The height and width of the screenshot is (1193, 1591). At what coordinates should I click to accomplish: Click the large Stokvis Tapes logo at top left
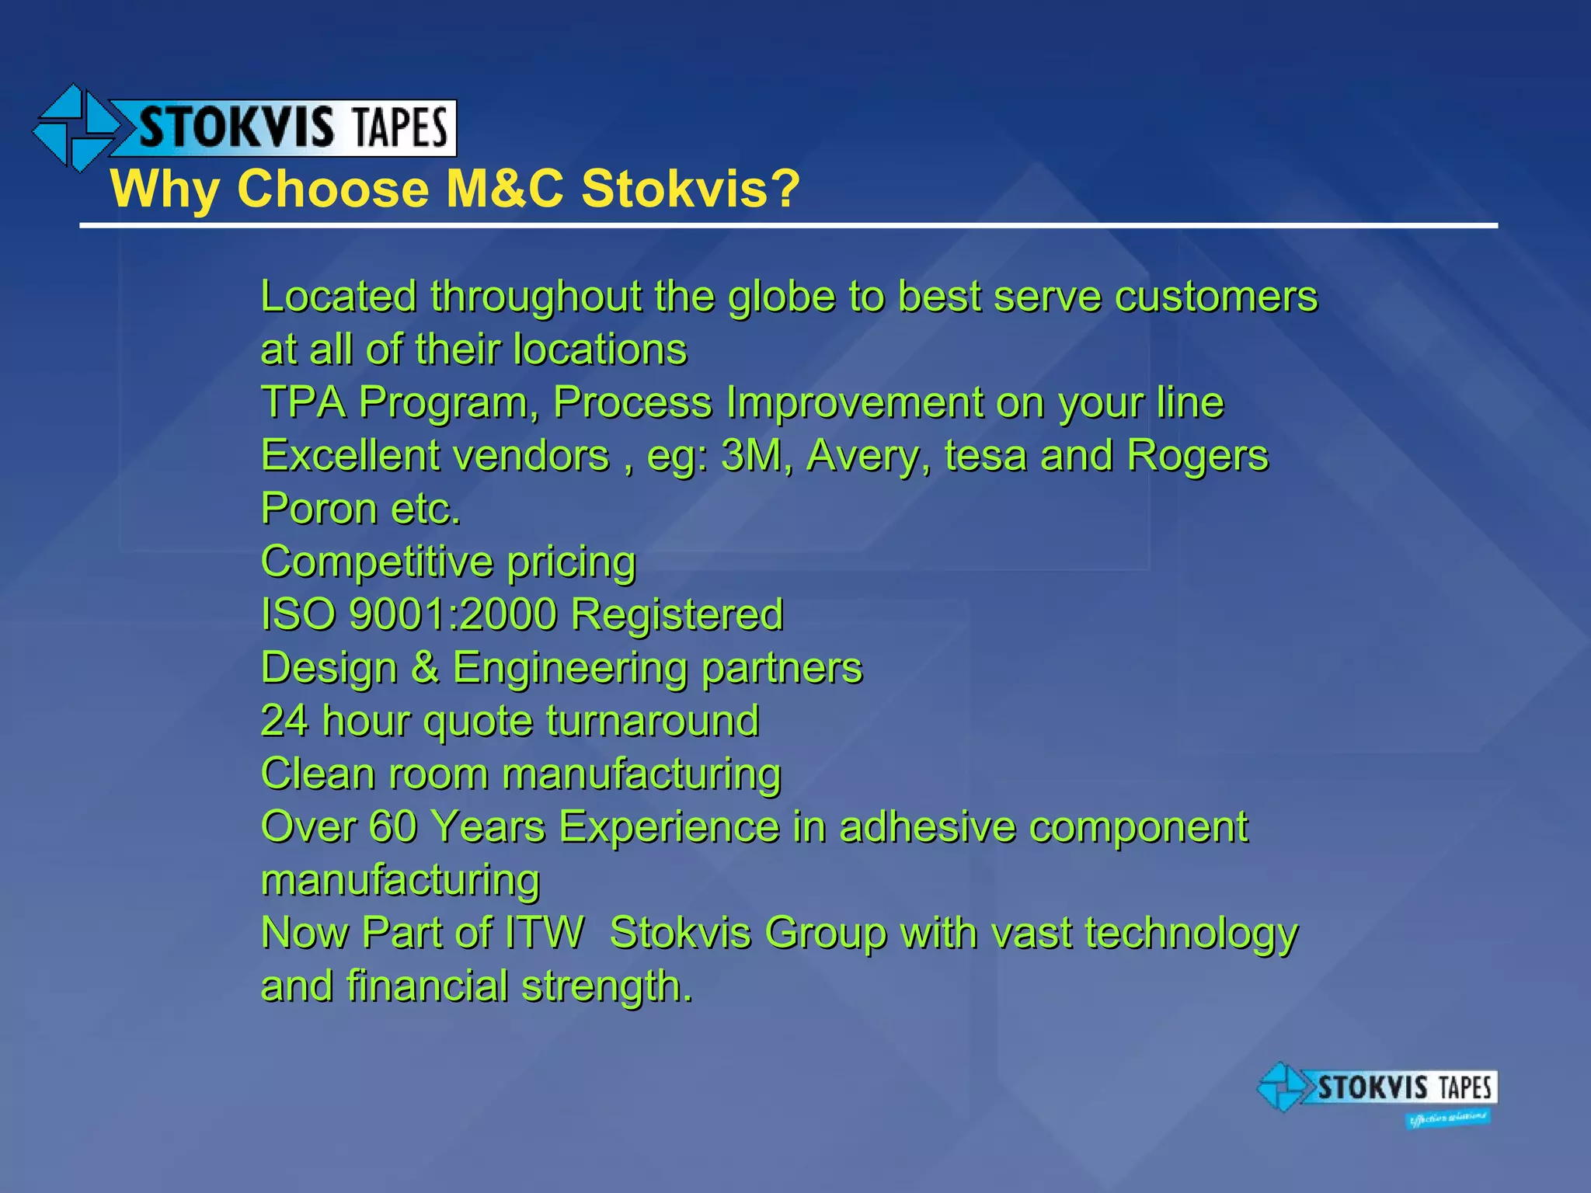(x=245, y=128)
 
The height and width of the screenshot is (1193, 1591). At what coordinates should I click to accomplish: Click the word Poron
(x=319, y=509)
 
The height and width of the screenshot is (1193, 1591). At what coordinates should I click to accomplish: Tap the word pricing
(x=571, y=562)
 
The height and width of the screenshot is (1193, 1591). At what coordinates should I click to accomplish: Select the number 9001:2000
(x=453, y=614)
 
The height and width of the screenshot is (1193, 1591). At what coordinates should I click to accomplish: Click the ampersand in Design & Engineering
(x=425, y=667)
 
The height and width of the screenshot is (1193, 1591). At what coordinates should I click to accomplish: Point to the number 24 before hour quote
(x=284, y=721)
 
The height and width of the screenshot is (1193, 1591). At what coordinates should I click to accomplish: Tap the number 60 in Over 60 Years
(x=393, y=826)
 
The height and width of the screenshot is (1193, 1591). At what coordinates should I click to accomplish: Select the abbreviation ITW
(x=544, y=933)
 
